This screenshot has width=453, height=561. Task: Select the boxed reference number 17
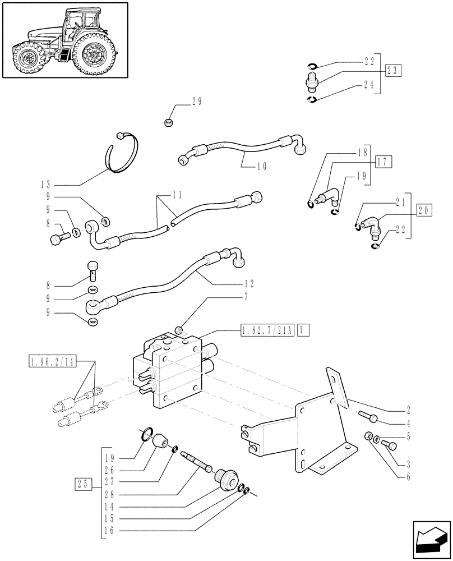383,163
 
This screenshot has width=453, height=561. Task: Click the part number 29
196,102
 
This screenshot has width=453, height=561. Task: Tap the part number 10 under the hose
246,166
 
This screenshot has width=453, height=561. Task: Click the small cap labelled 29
169,122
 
